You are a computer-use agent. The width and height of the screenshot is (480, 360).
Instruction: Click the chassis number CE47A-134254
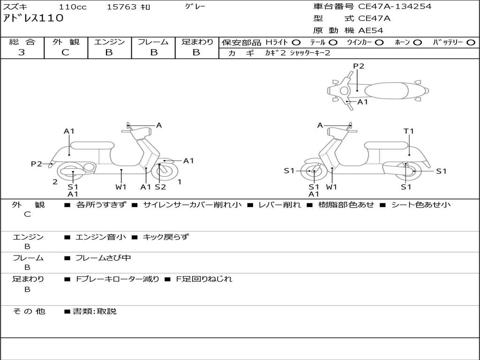[x=394, y=7]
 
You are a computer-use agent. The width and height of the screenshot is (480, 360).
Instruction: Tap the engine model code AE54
[x=370, y=30]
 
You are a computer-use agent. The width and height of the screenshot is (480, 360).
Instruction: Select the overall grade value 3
[x=22, y=52]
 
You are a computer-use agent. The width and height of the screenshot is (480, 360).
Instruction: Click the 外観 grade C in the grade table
[x=65, y=52]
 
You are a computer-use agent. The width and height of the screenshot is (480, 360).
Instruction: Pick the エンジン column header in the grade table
[x=109, y=42]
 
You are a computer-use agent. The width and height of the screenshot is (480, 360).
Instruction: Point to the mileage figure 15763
[x=122, y=7]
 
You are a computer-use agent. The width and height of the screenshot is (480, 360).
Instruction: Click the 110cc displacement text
[x=73, y=7]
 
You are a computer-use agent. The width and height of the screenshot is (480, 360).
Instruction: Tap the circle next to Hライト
[x=296, y=42]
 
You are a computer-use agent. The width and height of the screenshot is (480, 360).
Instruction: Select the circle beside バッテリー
[x=471, y=42]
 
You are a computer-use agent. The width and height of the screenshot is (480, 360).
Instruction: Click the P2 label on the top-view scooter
[x=359, y=66]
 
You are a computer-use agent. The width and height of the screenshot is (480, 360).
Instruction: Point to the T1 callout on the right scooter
[x=409, y=131]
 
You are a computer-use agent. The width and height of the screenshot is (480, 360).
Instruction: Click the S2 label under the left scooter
[x=160, y=187]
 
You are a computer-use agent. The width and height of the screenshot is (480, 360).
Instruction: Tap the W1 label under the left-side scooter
[x=121, y=187]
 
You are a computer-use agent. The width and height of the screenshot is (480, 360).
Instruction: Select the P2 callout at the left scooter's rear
[x=37, y=164]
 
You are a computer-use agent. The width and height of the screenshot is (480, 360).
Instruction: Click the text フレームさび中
[x=103, y=258]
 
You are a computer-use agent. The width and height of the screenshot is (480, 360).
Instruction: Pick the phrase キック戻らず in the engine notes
[x=165, y=237]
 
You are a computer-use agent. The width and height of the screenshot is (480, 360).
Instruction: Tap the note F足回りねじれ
[x=204, y=279]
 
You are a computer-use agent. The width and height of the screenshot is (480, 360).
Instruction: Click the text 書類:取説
[x=94, y=311]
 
